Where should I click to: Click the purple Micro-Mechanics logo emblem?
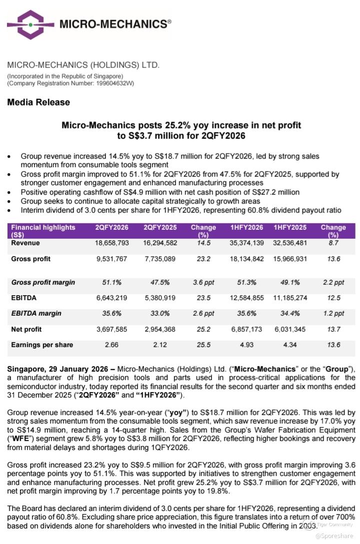31,24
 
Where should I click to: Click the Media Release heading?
38,102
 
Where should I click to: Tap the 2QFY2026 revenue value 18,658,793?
112,243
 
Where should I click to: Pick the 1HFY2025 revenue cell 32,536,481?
290,243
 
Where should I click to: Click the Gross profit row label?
31,259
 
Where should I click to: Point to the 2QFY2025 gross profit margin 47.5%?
160,282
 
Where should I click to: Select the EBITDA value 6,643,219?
112,298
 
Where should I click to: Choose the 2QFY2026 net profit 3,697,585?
112,329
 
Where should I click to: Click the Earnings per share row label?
42,345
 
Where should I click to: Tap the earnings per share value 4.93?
247,345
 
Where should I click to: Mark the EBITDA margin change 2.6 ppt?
203,313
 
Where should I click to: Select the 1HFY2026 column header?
247,227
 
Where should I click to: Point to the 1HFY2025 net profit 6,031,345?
290,329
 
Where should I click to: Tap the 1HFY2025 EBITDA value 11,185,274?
290,298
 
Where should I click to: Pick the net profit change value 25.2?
203,329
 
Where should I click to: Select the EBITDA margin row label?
36,313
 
